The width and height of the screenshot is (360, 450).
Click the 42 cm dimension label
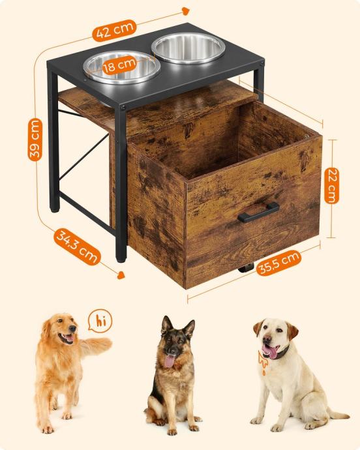114,29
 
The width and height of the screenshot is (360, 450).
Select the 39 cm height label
35,140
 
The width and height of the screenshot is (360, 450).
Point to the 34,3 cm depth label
77,247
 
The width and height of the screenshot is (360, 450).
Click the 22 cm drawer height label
331,185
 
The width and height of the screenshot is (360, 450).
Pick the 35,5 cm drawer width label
278,263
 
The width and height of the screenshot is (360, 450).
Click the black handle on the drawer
258,212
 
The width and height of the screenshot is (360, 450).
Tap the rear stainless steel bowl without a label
188,48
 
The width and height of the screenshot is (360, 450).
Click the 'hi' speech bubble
100,321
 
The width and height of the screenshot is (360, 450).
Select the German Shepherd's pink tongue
169,361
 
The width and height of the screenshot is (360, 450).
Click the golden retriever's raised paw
103,344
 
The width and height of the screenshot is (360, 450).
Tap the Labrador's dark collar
277,353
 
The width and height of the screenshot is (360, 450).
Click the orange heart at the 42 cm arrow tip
186,11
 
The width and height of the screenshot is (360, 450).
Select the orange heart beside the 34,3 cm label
121,275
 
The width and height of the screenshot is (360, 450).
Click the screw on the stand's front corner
123,108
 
